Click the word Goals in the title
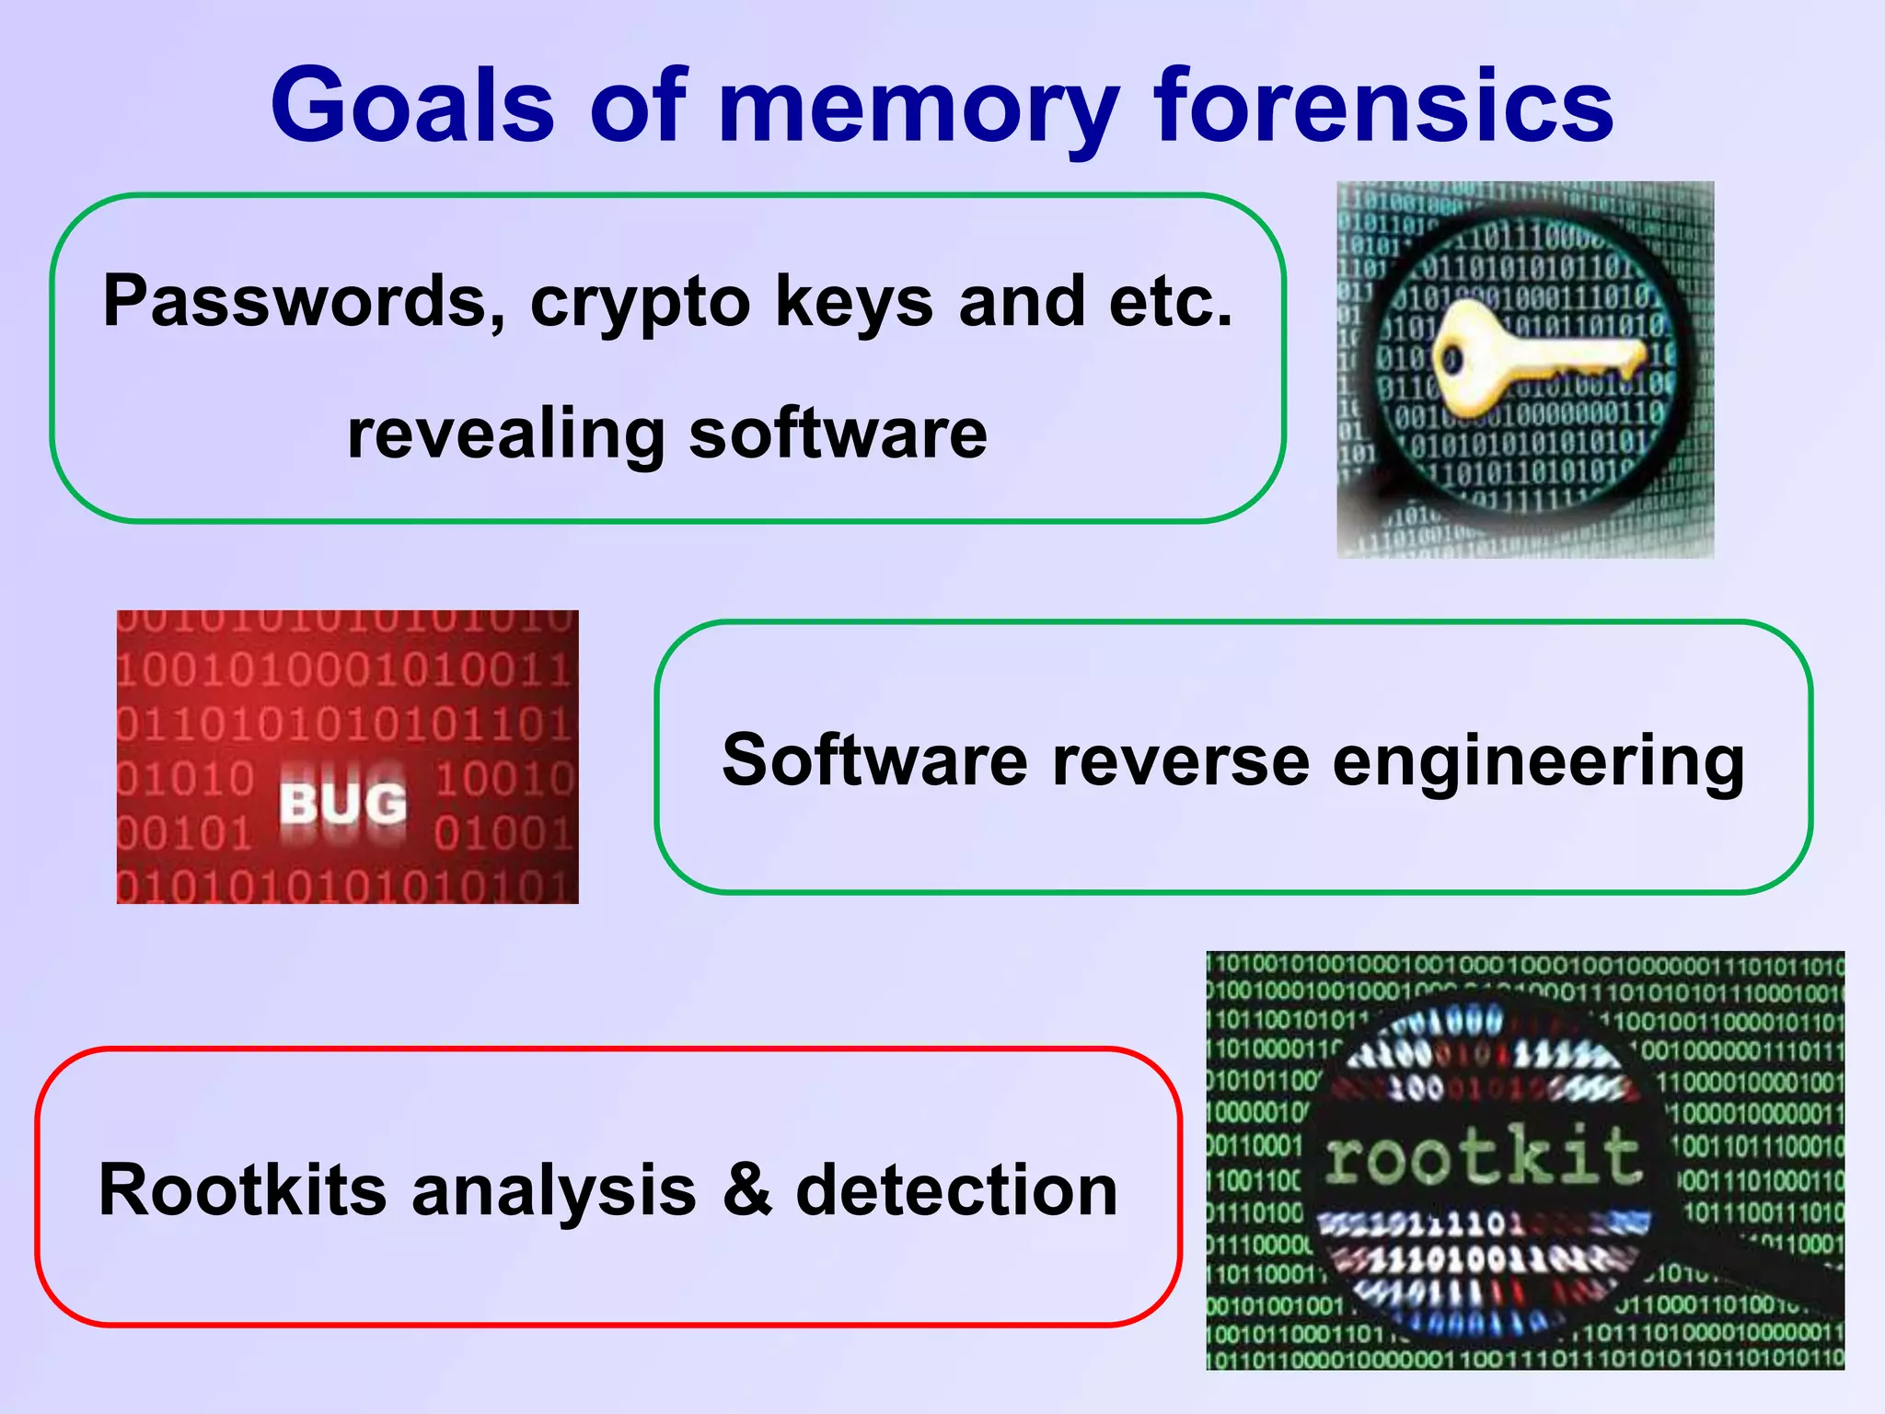tap(413, 105)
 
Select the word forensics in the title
tap(1383, 105)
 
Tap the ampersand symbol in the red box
tap(747, 1189)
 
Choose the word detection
tap(956, 1189)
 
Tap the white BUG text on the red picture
tap(342, 804)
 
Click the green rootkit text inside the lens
tap(1483, 1156)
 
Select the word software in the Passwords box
tap(838, 435)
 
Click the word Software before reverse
tap(874, 760)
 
